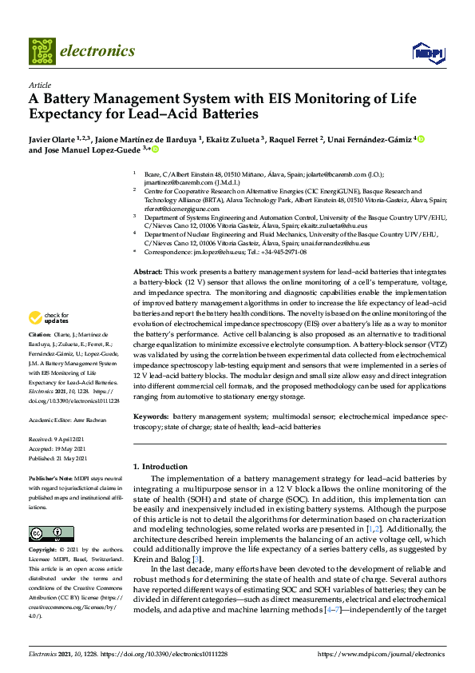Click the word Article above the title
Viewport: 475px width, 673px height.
[40, 86]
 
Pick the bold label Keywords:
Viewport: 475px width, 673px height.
[150, 416]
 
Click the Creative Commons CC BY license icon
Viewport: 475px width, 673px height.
[52, 533]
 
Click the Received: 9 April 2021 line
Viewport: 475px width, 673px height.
[57, 440]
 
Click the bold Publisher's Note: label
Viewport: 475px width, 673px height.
[50, 478]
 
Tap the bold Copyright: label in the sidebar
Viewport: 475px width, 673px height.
[46, 552]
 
